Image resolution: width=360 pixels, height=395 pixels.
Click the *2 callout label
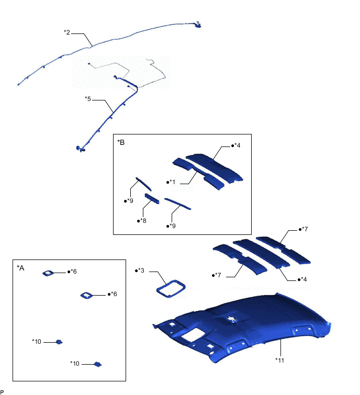[67, 32]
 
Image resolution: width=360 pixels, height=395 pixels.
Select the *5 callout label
[88, 99]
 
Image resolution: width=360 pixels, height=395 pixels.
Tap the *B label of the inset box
[121, 142]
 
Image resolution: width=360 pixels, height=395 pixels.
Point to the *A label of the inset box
[20, 268]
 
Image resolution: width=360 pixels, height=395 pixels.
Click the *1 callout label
[171, 182]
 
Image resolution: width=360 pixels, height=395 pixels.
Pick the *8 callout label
[142, 221]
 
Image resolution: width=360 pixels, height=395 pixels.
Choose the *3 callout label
[140, 270]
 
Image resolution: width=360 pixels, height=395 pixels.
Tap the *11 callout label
[279, 360]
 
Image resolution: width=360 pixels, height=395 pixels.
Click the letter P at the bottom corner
[2, 392]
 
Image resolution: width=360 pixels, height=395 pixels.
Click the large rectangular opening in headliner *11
[193, 335]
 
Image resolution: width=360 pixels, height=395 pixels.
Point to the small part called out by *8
[152, 198]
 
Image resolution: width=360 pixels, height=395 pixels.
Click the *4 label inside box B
[236, 145]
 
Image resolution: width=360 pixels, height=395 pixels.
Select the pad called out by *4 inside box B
[214, 167]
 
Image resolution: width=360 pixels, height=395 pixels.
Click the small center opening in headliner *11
[231, 320]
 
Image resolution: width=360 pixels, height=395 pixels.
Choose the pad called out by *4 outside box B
[261, 253]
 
